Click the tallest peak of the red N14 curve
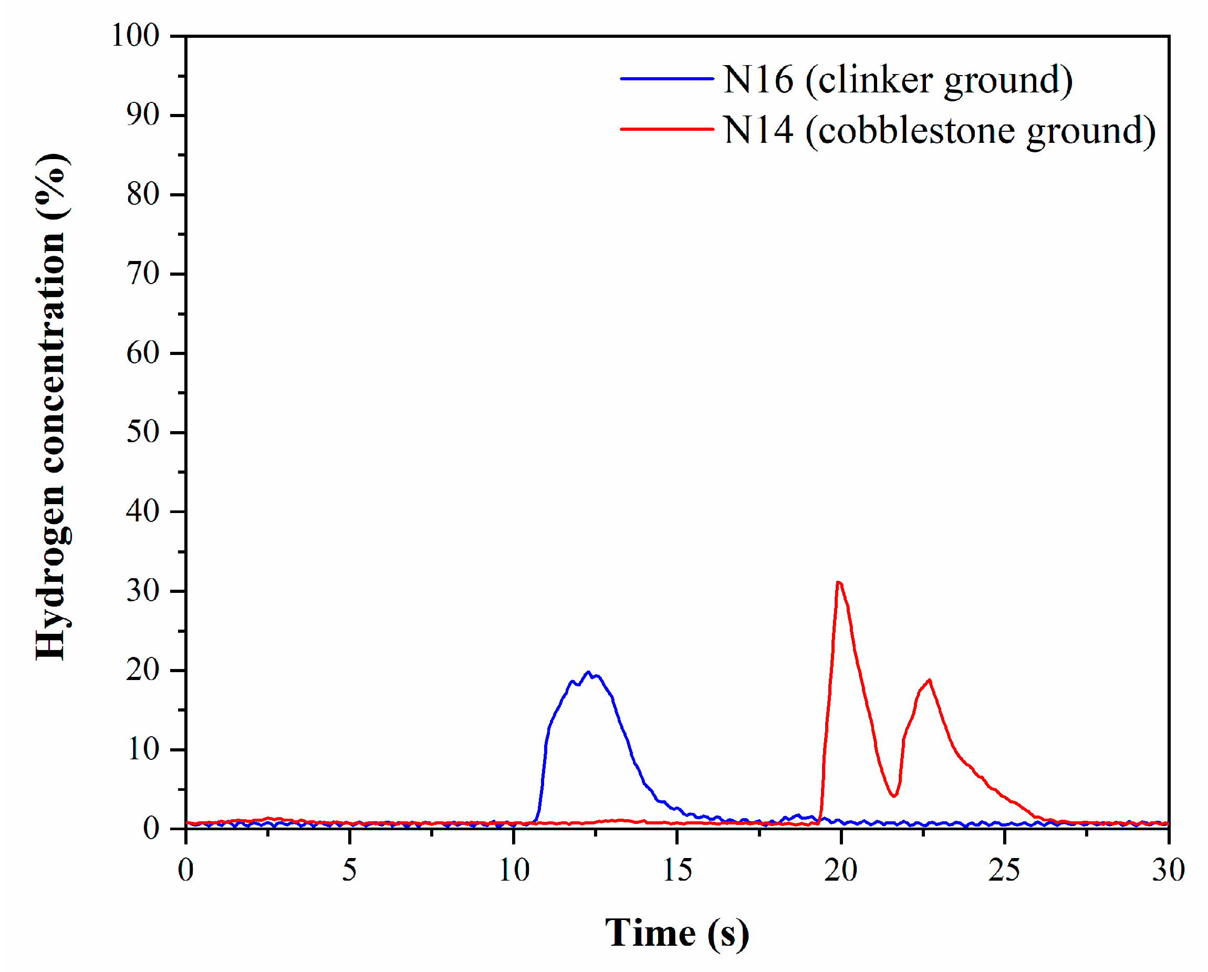838,583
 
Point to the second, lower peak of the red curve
929,681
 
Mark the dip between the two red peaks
894,795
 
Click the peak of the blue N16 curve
588,672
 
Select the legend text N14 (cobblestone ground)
939,130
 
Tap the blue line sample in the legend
667,79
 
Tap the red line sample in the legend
667,129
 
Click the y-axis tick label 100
136,36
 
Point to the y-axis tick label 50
143,433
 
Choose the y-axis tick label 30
143,591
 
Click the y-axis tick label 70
143,274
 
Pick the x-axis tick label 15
678,871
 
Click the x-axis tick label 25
1004,871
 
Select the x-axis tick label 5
350,871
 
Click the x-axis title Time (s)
677,933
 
